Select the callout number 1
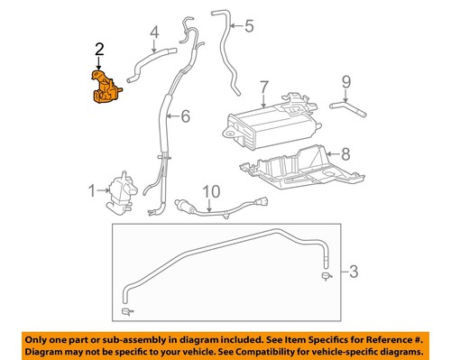click(x=90, y=190)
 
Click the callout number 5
click(x=250, y=25)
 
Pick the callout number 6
click(x=186, y=115)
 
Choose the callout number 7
click(x=264, y=88)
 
